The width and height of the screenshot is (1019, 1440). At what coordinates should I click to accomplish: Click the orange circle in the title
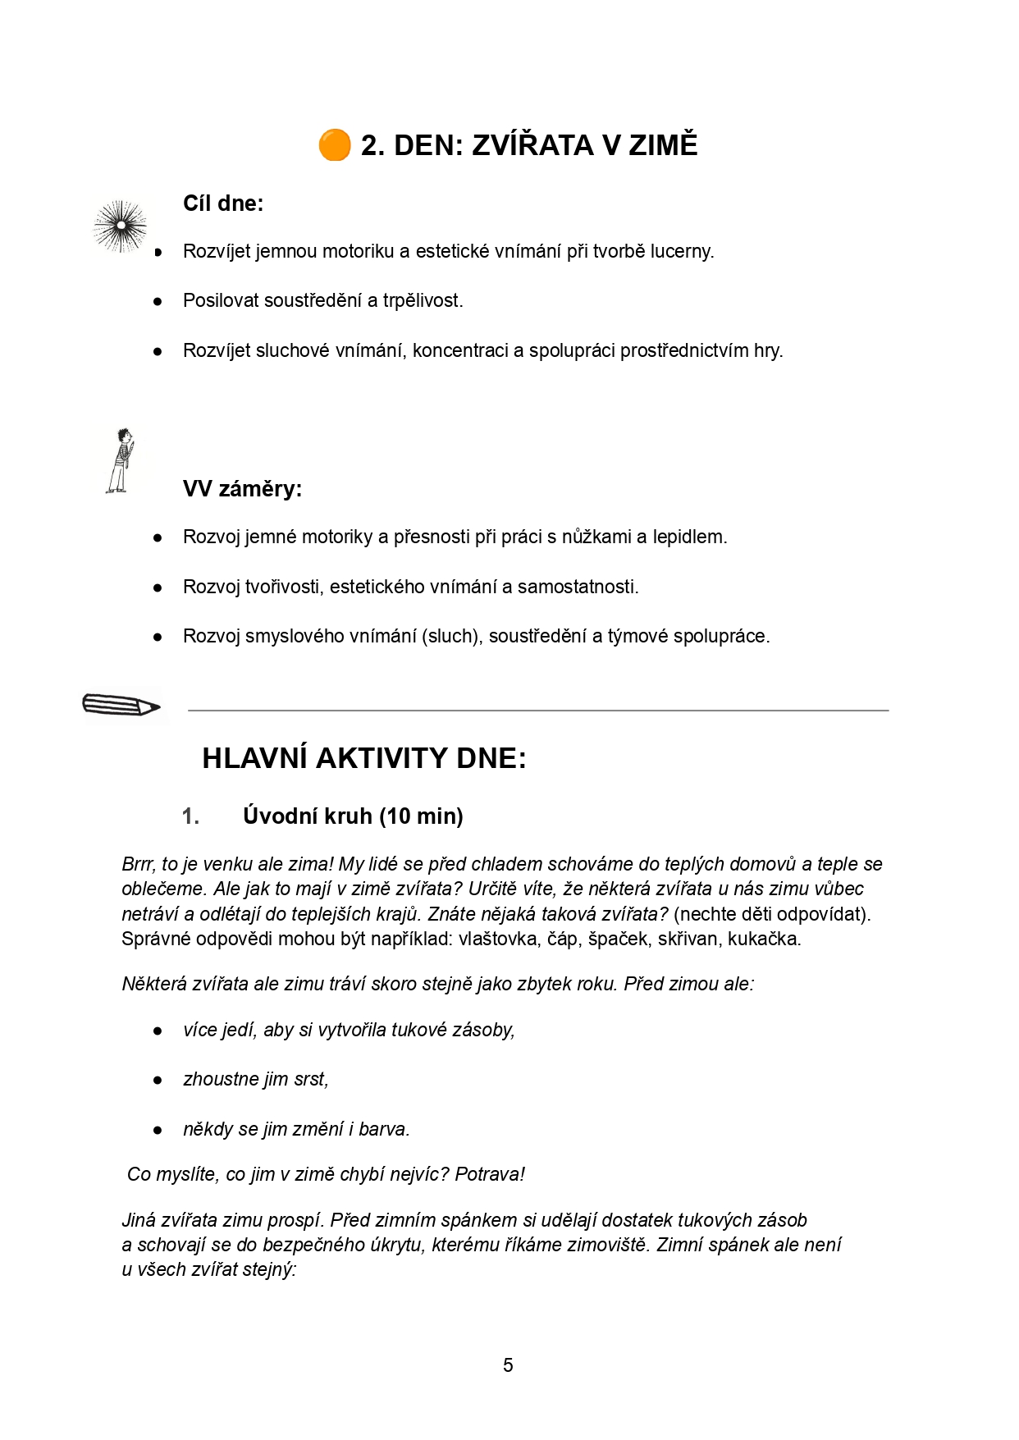click(334, 145)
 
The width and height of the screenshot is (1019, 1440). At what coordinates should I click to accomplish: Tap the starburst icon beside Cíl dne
click(121, 226)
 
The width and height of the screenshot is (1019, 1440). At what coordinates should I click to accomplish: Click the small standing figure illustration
click(121, 460)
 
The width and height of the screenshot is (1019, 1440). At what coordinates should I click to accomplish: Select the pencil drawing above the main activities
click(121, 705)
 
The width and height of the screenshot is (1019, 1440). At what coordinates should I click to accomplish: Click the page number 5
click(508, 1365)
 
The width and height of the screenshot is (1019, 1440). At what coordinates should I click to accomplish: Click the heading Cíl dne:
click(223, 203)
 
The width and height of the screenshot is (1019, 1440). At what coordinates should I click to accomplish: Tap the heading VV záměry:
click(242, 489)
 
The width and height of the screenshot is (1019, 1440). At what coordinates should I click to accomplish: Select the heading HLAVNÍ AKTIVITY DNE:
click(364, 758)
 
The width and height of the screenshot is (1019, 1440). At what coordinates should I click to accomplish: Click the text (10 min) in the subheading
click(421, 816)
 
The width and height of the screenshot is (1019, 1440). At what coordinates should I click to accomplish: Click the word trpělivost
click(423, 301)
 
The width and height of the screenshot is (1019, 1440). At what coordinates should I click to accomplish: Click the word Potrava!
click(490, 1175)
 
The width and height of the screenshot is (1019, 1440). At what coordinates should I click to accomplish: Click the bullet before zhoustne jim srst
click(158, 1081)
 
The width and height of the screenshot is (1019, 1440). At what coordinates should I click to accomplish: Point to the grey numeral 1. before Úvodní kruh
click(190, 816)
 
